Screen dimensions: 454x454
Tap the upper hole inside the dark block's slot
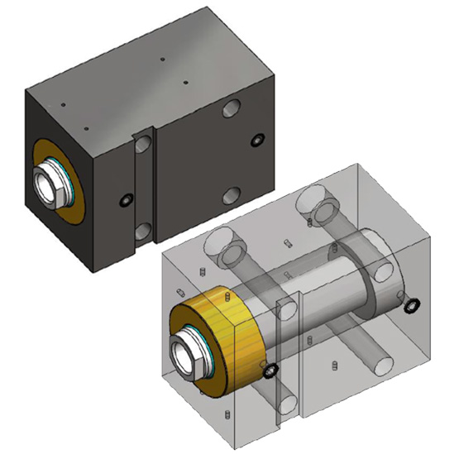point(143,145)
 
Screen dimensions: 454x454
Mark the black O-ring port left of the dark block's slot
point(126,201)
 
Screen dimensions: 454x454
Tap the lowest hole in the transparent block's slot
point(287,404)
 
